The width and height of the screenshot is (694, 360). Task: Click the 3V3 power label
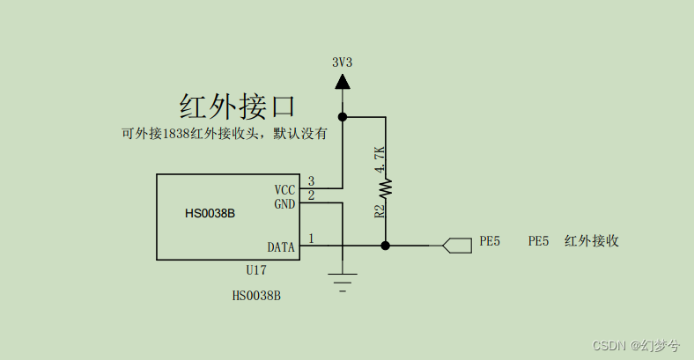click(342, 62)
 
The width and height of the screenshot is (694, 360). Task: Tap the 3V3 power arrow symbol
click(342, 81)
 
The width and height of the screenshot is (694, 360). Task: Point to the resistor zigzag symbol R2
click(385, 187)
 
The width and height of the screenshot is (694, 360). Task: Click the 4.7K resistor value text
click(380, 159)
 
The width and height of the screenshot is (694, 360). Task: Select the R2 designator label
click(380, 211)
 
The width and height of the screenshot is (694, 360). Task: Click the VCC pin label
click(284, 189)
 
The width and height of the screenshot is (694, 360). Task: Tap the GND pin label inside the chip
click(284, 203)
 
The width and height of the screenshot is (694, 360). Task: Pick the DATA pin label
click(281, 247)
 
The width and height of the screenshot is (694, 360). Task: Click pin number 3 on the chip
click(311, 181)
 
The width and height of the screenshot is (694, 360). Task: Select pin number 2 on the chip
click(311, 195)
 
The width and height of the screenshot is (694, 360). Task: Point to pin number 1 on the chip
click(311, 239)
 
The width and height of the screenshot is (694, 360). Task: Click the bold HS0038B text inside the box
click(210, 213)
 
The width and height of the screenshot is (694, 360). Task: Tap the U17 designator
click(255, 270)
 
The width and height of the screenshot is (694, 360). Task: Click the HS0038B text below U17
click(256, 296)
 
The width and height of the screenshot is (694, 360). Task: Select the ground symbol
click(342, 282)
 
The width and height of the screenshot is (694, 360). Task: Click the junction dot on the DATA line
click(385, 246)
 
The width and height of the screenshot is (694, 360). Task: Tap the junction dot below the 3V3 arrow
click(342, 116)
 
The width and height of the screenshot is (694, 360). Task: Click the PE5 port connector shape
click(455, 246)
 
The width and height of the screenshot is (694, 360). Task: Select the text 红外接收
click(592, 240)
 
